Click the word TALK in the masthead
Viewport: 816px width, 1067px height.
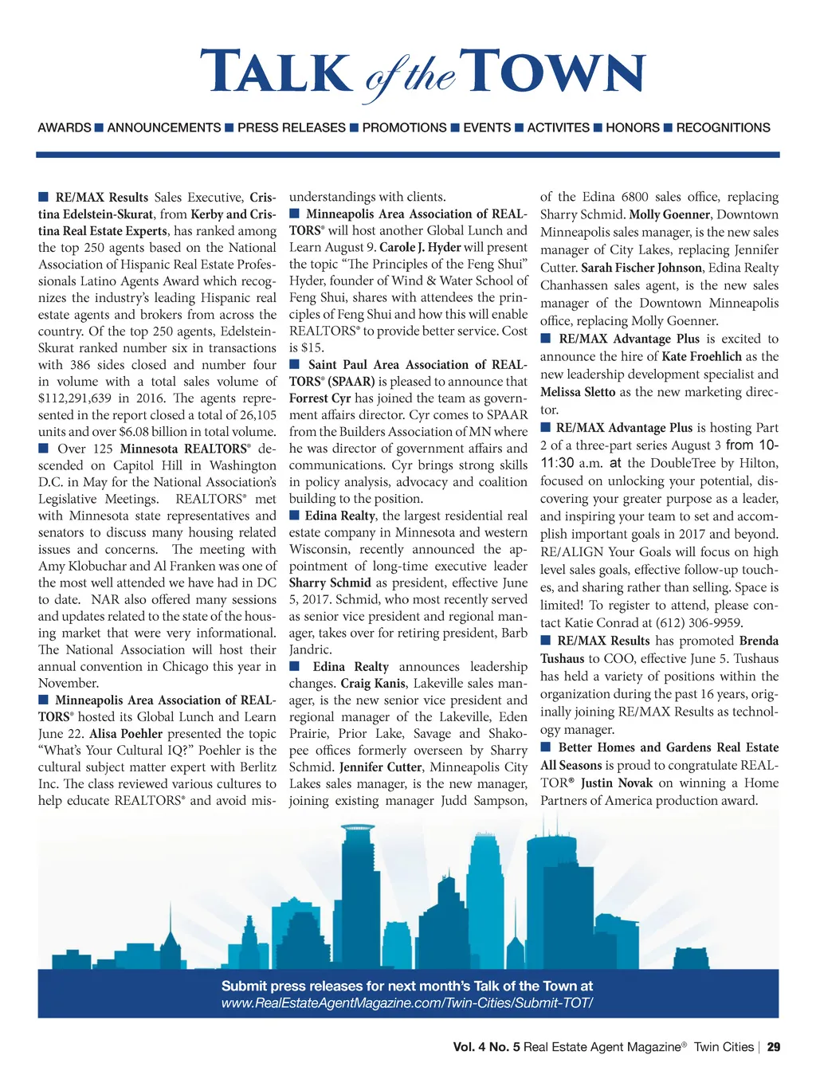[x=275, y=73]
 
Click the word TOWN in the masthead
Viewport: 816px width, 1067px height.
[x=555, y=73]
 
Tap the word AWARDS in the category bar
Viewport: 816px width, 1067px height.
[x=65, y=127]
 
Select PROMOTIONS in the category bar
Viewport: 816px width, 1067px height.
[x=404, y=127]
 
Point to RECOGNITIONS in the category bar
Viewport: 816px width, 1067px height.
[x=723, y=127]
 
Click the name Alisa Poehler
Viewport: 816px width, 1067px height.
[x=126, y=734]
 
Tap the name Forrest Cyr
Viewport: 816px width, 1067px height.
[x=320, y=398]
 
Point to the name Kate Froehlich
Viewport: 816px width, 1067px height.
[x=701, y=357]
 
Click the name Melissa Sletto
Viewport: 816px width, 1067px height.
[x=578, y=392]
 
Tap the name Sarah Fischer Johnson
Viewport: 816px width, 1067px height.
[x=641, y=268]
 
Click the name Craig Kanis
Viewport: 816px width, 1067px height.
[x=373, y=684]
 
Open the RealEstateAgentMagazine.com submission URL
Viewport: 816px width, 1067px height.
[x=407, y=1003]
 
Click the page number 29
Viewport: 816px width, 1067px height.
[x=773, y=1047]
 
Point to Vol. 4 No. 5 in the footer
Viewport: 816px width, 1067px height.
[x=486, y=1047]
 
